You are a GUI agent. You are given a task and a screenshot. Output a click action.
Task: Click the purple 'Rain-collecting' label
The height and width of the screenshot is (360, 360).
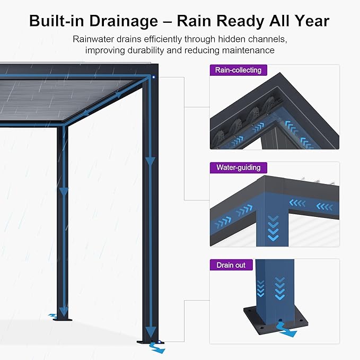[x=238, y=70]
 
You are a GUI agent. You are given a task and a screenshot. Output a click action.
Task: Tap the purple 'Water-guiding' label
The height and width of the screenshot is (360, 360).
[x=238, y=168]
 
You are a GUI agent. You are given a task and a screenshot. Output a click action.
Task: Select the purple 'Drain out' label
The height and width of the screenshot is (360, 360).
[x=231, y=265]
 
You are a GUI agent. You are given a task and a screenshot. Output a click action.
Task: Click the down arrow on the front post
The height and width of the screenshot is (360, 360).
[x=151, y=161]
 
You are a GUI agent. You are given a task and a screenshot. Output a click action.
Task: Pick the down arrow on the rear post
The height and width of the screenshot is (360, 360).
[x=64, y=191]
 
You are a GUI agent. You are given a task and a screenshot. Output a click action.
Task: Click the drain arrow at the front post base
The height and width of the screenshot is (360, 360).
[x=157, y=348]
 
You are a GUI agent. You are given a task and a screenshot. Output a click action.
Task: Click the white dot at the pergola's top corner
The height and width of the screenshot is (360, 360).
[x=154, y=77]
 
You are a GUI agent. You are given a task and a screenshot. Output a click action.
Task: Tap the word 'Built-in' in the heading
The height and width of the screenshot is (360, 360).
[x=55, y=21]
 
